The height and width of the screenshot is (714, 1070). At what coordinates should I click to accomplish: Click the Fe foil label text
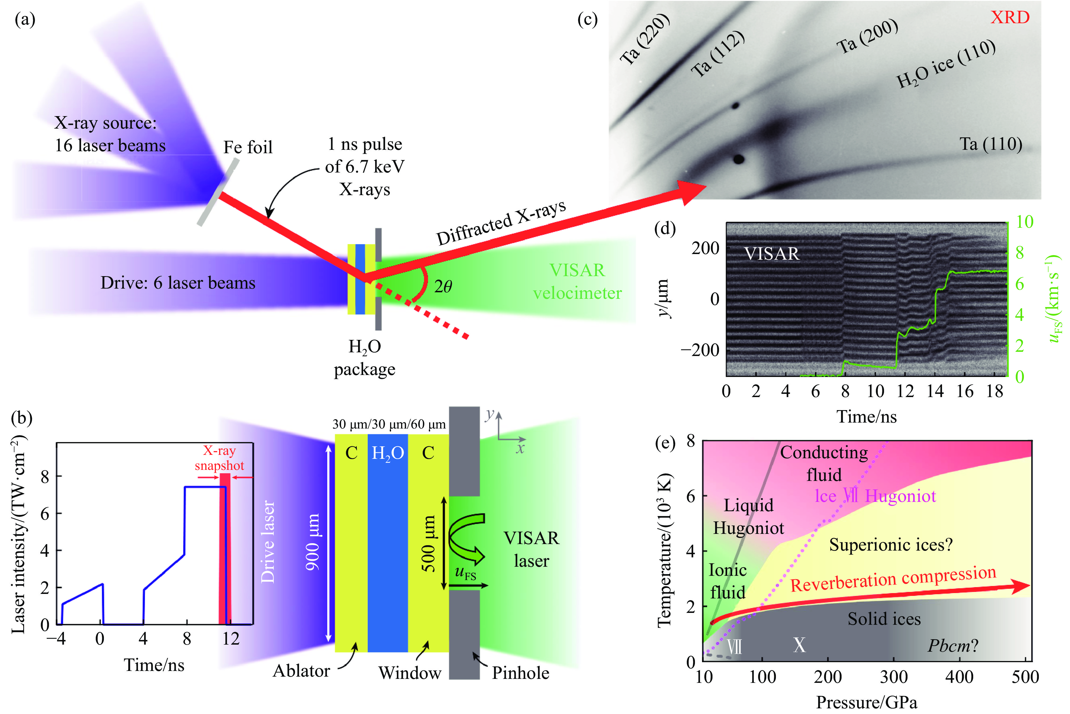point(248,147)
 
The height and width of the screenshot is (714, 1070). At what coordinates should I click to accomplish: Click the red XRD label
point(1009,17)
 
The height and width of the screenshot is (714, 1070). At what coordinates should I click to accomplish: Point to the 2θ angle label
point(442,286)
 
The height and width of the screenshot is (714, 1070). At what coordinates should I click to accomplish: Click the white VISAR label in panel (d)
point(771,254)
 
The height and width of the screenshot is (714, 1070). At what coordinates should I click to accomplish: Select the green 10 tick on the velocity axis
point(1024,222)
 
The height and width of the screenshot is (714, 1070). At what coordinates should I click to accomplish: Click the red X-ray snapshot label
point(219,458)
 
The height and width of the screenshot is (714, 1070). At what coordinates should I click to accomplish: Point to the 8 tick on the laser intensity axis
point(45,477)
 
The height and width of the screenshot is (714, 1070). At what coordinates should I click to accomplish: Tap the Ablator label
point(301,671)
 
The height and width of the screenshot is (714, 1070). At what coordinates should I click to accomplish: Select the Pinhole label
point(521,673)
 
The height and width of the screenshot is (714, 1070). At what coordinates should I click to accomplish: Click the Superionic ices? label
point(891,545)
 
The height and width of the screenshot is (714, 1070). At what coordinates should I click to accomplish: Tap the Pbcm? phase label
point(953,645)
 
